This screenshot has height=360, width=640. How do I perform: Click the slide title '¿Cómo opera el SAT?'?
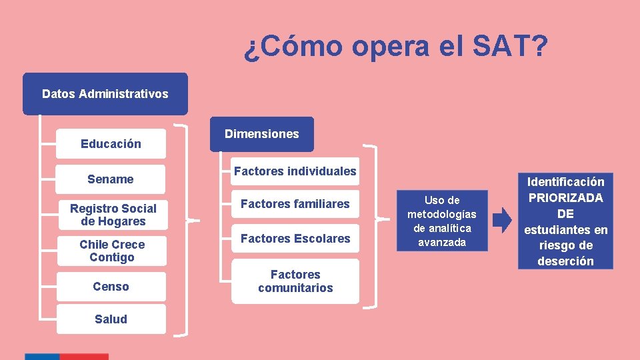[x=396, y=47]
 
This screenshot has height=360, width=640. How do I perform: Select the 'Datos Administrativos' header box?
[x=105, y=94]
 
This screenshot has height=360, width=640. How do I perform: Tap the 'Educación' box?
[x=111, y=143]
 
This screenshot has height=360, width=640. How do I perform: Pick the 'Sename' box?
[x=111, y=179]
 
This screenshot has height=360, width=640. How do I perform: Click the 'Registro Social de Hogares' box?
[x=111, y=215]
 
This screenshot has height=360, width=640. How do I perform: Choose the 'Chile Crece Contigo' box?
[x=111, y=251]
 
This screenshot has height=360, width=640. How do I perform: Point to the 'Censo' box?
[x=111, y=287]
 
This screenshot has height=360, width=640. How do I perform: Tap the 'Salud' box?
[x=111, y=319]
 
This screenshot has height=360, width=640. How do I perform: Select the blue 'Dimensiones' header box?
[x=261, y=134]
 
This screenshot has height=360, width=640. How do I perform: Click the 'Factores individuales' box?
[x=295, y=171]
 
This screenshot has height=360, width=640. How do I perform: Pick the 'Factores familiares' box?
[x=295, y=204]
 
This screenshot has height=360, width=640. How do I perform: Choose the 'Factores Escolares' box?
[x=295, y=238]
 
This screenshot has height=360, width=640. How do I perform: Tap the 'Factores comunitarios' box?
[x=295, y=281]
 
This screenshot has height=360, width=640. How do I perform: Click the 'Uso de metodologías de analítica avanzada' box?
[x=442, y=221]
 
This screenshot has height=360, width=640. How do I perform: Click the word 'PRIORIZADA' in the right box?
[x=565, y=198]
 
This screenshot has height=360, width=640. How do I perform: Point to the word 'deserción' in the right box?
[x=565, y=261]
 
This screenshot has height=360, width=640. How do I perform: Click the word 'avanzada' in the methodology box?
[x=442, y=242]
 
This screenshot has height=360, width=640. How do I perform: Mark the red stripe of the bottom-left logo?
[x=85, y=357]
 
